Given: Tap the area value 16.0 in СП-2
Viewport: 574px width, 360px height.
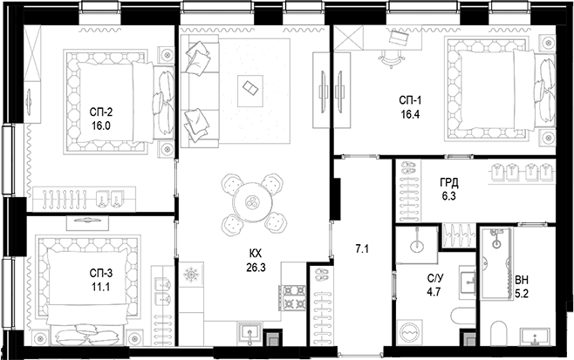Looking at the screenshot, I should [x=102, y=125].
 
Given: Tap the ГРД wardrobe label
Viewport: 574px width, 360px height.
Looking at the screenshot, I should [x=449, y=183].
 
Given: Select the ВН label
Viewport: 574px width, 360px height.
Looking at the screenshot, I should [x=522, y=278].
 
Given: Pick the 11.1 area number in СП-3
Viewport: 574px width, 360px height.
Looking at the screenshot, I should [x=102, y=286].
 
